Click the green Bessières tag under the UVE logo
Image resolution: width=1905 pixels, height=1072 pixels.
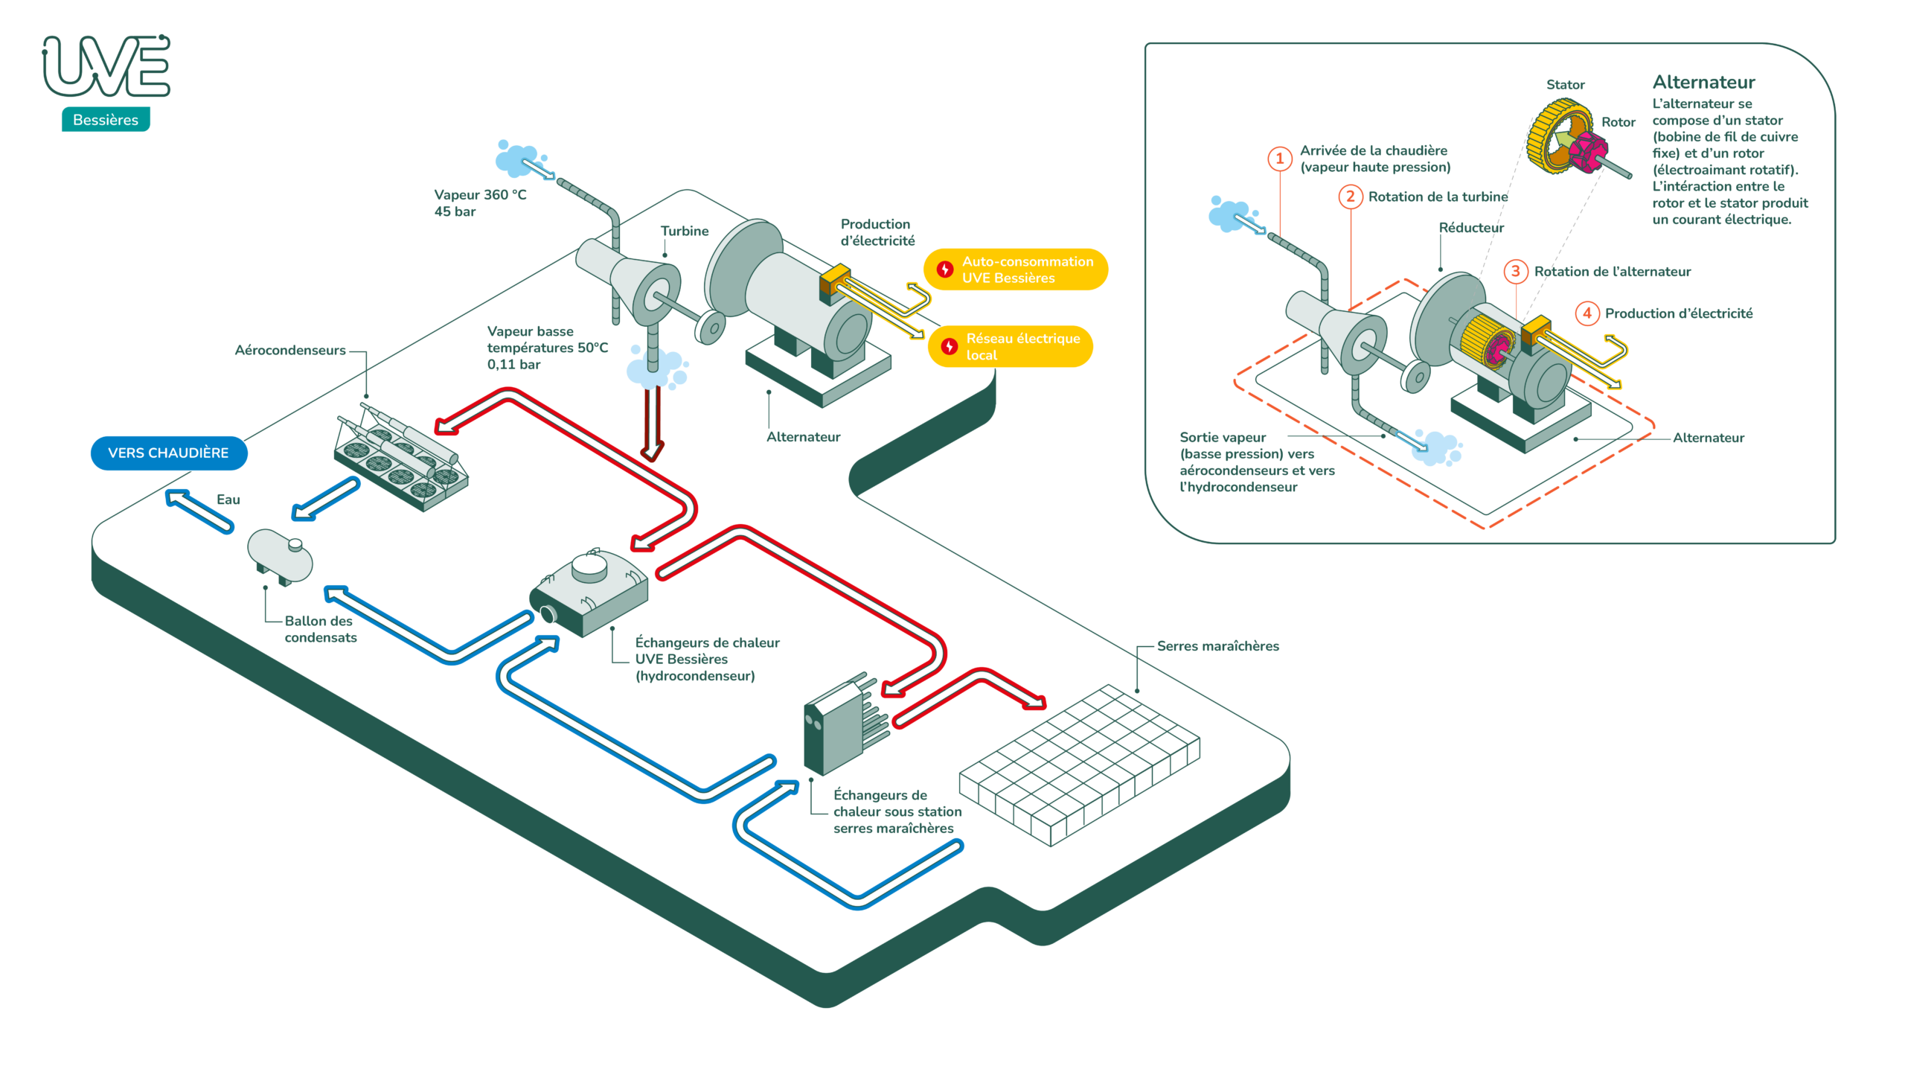click(106, 120)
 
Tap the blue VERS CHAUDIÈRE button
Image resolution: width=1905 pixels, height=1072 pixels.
click(169, 453)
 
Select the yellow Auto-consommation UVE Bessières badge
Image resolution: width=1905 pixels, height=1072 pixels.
click(1015, 269)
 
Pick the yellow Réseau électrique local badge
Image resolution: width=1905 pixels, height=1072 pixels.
click(1011, 347)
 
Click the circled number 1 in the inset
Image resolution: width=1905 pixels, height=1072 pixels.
click(1279, 159)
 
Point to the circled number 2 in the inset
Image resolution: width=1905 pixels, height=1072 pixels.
click(1350, 197)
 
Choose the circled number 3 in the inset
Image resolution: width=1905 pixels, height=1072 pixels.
click(1515, 271)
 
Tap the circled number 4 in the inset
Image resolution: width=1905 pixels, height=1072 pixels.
click(1587, 313)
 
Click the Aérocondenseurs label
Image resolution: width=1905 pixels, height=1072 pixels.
click(290, 350)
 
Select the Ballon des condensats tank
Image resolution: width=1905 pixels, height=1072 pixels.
click(280, 556)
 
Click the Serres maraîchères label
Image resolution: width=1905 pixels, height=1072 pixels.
click(1217, 646)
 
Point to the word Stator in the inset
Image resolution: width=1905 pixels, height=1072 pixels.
click(1565, 85)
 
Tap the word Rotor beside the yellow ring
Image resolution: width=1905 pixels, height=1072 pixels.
click(1618, 122)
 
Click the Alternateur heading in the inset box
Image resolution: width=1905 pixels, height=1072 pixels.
click(1703, 82)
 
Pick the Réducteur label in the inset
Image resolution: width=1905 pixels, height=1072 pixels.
click(1470, 228)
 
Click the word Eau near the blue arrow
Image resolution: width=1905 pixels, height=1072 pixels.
click(228, 500)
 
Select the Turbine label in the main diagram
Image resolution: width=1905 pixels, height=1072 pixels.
click(685, 231)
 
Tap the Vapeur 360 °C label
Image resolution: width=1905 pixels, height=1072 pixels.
click(480, 195)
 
